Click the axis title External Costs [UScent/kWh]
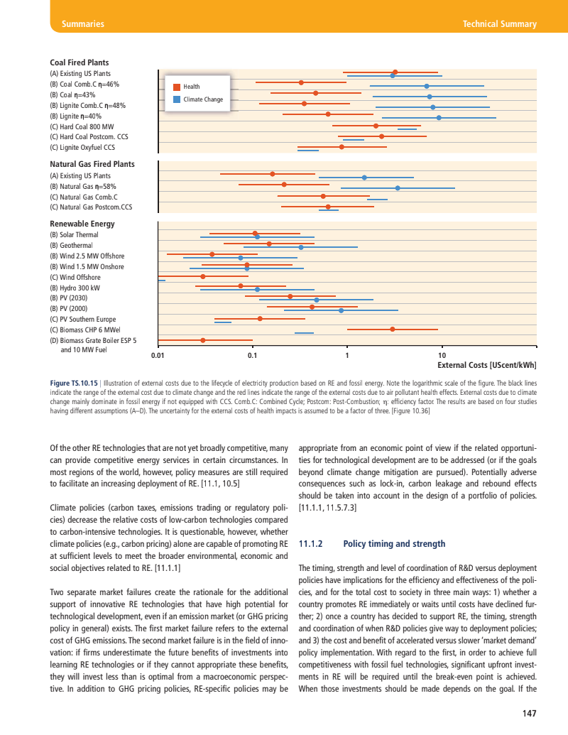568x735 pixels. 486,365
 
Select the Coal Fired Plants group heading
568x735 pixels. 79,62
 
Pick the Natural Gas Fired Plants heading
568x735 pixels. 92,164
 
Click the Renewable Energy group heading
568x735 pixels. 82,224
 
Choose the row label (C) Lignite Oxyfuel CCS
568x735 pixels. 82,148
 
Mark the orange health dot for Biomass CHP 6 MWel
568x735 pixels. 393,330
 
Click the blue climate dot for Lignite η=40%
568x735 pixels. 439,118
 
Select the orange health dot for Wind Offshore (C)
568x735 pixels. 203,276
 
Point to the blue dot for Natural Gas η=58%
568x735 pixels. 398,187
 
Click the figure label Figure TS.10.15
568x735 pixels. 74,384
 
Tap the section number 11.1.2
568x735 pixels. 310,544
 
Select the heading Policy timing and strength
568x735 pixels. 394,544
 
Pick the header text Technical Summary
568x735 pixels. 499,24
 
